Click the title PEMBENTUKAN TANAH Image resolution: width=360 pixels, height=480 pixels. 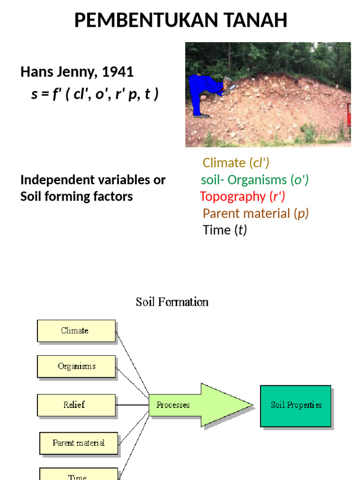tap(180, 21)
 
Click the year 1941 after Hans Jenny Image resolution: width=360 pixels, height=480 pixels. tap(118, 72)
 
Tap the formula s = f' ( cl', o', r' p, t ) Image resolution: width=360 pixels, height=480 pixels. tap(95, 94)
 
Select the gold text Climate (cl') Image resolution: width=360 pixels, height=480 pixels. tap(236, 163)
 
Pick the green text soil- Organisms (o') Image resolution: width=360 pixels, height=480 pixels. tap(255, 180)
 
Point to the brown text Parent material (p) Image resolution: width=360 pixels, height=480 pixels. tap(255, 213)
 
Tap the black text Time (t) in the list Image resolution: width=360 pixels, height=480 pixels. tap(225, 230)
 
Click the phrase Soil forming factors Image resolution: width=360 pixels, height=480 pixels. tap(76, 196)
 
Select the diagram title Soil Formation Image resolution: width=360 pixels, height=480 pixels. tap(172, 302)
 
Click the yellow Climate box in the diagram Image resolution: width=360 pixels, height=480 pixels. tap(76, 330)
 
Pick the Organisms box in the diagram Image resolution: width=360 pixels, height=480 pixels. tap(76, 367)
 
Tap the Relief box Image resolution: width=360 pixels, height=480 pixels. tap(76, 405)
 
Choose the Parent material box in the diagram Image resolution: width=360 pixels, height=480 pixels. tap(78, 443)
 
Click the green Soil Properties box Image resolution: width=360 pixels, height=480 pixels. tap(296, 405)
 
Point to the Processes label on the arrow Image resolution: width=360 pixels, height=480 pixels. tap(173, 405)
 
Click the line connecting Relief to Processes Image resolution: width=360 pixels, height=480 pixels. tap(132, 405)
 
